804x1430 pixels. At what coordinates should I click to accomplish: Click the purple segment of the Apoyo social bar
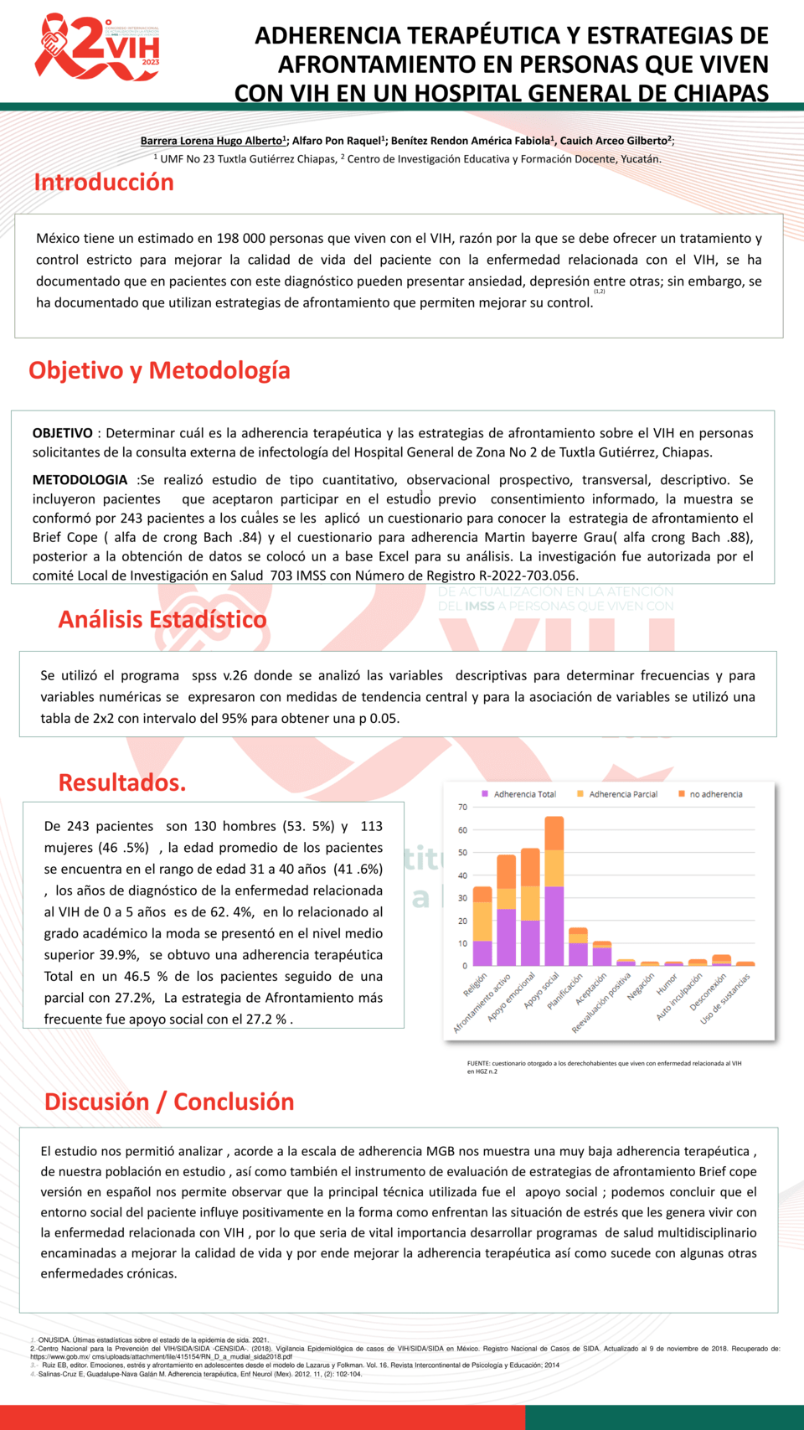pos(554,926)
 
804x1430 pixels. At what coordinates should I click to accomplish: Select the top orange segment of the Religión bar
pos(482,895)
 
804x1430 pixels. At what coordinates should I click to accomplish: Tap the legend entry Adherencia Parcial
pos(622,794)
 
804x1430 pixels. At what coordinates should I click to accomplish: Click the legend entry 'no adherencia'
pos(715,794)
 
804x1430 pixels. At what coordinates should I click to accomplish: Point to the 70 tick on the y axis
pos(462,807)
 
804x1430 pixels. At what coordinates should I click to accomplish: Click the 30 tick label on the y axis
pos(462,898)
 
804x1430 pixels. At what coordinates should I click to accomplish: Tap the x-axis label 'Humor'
pos(667,984)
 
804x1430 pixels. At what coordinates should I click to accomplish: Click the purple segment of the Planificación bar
pos(578,954)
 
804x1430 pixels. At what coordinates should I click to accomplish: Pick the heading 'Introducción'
pos(104,183)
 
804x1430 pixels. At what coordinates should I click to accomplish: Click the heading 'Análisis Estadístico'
pos(162,619)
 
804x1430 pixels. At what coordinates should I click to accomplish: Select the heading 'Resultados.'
pos(122,782)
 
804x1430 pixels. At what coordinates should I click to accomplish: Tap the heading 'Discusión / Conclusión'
pos(169,1102)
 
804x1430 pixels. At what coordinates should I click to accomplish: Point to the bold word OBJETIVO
pos(63,433)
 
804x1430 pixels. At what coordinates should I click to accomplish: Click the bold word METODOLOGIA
pos(80,480)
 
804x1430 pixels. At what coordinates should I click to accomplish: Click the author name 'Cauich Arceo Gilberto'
pos(616,141)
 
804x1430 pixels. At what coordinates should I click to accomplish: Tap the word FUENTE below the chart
pos(478,1063)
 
